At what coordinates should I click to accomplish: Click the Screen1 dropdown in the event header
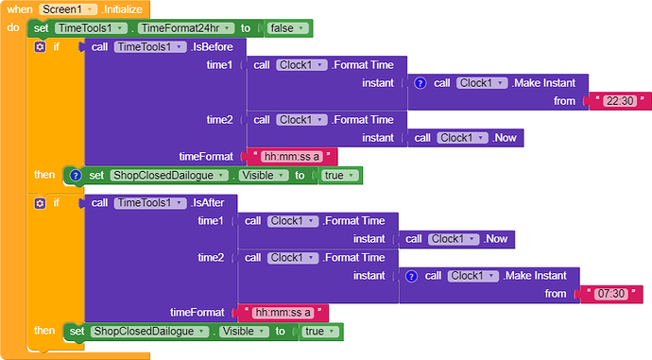click(68, 9)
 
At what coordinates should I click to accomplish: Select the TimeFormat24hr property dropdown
click(185, 28)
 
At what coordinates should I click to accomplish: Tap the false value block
click(288, 28)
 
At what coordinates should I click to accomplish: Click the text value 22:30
click(620, 101)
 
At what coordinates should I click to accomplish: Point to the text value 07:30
click(610, 294)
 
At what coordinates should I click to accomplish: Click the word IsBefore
click(213, 47)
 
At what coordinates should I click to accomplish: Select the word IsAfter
click(209, 203)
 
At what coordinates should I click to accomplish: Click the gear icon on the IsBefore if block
click(40, 47)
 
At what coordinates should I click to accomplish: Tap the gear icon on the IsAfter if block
click(40, 203)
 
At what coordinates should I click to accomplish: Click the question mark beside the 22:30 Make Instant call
click(420, 83)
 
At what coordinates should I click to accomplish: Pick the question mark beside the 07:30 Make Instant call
click(411, 276)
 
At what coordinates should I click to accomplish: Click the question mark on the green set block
click(76, 176)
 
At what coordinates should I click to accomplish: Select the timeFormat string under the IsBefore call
click(292, 157)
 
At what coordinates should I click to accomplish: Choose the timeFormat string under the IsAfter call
click(283, 313)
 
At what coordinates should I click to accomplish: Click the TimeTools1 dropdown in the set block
click(91, 28)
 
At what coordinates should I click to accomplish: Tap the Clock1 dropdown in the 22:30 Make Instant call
click(482, 83)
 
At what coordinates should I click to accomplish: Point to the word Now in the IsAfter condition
click(497, 239)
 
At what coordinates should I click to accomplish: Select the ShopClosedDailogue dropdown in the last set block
click(149, 332)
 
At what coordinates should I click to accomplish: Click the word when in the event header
click(20, 9)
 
